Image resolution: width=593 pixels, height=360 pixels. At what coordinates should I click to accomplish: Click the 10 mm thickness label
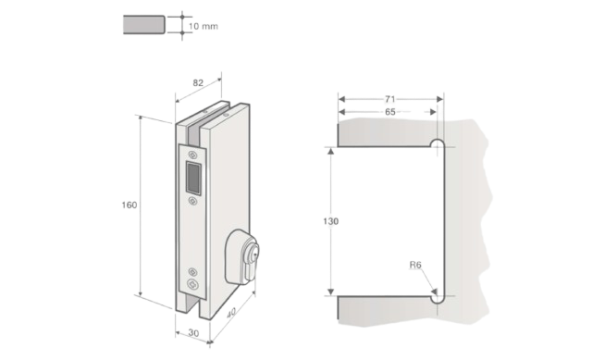pyautogui.click(x=204, y=26)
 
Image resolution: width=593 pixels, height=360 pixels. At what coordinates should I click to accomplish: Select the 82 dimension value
pyautogui.click(x=198, y=82)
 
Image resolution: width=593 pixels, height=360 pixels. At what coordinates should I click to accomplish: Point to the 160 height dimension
pyautogui.click(x=129, y=205)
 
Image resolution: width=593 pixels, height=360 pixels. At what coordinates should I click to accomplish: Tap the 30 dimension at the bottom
pyautogui.click(x=193, y=333)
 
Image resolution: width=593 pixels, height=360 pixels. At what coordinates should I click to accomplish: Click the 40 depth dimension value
pyautogui.click(x=230, y=313)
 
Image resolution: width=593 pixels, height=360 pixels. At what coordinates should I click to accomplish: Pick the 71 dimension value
pyautogui.click(x=389, y=99)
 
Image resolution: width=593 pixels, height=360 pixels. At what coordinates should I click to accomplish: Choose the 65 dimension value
pyautogui.click(x=389, y=112)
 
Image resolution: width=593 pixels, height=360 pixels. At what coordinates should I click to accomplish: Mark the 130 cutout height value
pyautogui.click(x=331, y=221)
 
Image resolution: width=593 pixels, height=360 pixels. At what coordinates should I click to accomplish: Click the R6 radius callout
pyautogui.click(x=415, y=265)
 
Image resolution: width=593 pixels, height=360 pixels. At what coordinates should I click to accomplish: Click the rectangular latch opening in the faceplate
pyautogui.click(x=192, y=178)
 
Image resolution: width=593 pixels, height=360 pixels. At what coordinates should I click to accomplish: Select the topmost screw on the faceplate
pyautogui.click(x=192, y=155)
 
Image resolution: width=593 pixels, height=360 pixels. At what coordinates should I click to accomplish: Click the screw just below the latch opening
pyautogui.click(x=192, y=201)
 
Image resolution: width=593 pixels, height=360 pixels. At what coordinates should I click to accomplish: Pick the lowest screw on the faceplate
pyautogui.click(x=192, y=284)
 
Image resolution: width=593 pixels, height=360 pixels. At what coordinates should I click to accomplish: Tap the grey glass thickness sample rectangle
pyautogui.click(x=144, y=25)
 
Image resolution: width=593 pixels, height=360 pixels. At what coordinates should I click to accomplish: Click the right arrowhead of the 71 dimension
pyautogui.click(x=439, y=99)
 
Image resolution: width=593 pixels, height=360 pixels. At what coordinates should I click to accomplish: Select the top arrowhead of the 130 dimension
pyautogui.click(x=331, y=151)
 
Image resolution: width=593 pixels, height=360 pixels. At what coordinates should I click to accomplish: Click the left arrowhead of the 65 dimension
pyautogui.click(x=342, y=112)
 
